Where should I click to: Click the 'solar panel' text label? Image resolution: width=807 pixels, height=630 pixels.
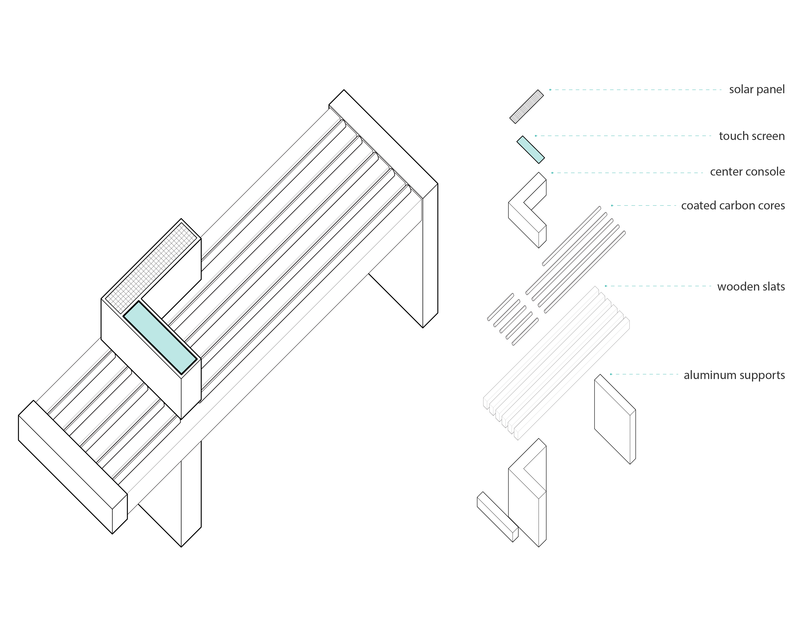757,90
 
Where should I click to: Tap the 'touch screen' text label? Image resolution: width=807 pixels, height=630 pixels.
752,136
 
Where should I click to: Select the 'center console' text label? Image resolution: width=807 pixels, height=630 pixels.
747,172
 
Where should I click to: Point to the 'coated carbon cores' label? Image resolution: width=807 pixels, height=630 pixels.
733,205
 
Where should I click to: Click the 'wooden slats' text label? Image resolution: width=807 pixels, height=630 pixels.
751,287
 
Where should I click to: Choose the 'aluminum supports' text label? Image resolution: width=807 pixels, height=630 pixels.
734,375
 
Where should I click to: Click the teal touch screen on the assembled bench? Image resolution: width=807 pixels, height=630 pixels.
160,337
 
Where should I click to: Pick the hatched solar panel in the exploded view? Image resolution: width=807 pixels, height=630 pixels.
526,107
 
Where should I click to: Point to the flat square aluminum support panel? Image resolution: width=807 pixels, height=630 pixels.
615,419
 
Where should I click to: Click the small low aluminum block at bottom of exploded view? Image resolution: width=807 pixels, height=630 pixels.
497,517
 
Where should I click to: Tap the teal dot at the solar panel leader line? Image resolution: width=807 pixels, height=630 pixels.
550,90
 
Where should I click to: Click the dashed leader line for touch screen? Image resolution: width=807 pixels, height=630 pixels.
623,136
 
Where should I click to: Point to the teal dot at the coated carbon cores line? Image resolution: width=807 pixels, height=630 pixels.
612,205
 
